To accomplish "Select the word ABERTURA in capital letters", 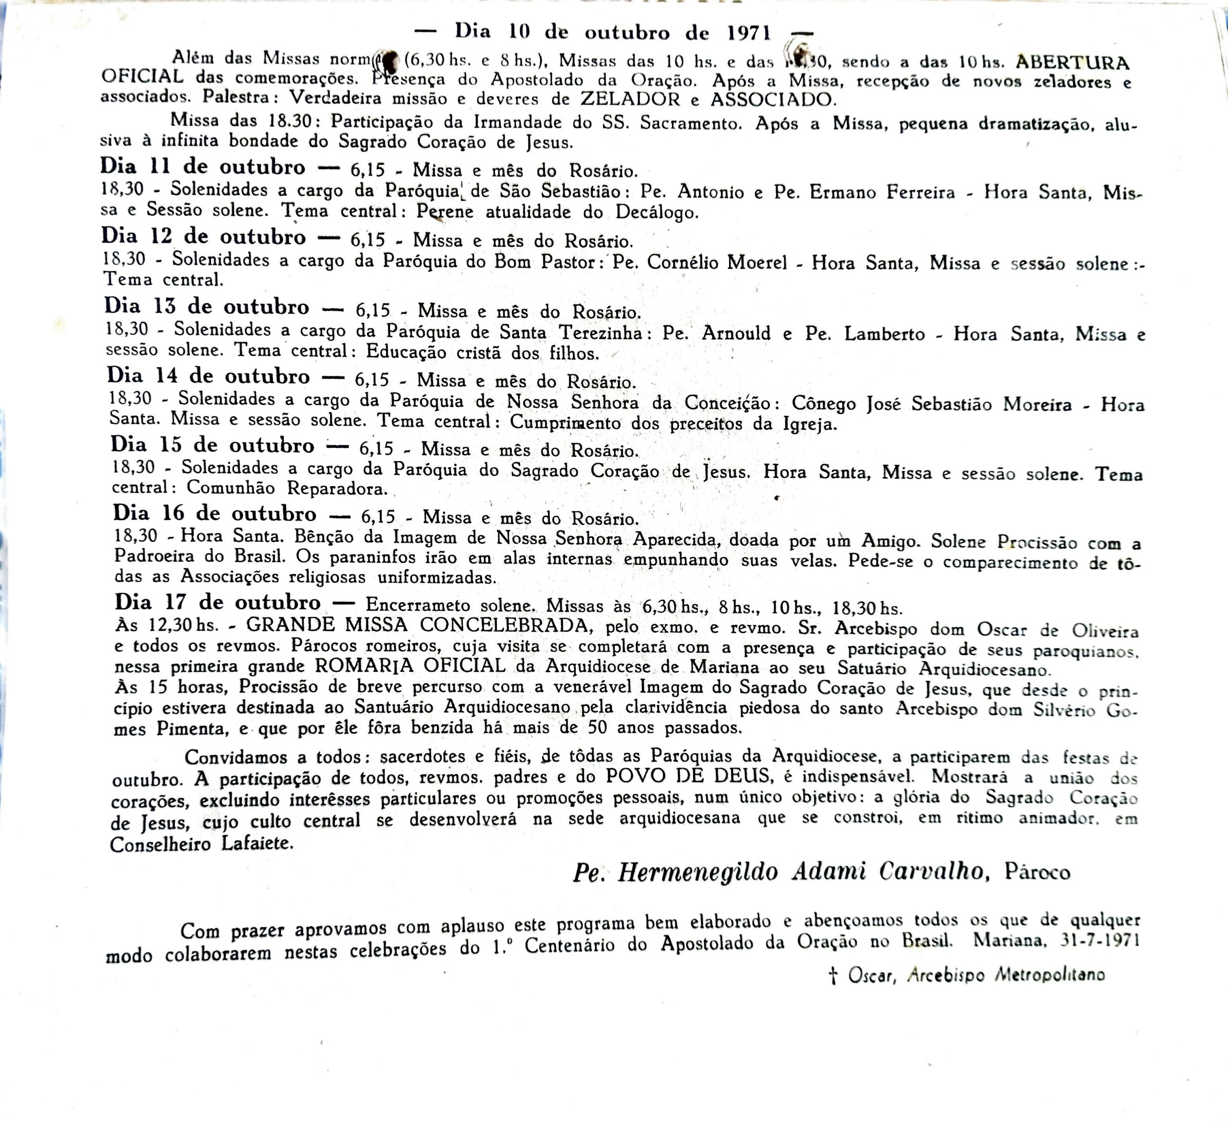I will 1073,63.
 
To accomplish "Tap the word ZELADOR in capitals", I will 630,99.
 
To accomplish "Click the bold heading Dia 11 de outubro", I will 203,167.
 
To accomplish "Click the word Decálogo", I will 657,212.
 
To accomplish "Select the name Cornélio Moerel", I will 717,262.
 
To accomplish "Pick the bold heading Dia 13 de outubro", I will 206,306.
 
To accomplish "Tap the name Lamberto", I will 884,334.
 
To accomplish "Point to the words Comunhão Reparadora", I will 287,488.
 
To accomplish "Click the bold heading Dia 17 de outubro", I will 217,602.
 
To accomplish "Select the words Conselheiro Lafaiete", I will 201,844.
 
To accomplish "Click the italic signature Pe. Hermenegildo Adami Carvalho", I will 778,872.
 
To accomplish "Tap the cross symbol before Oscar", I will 833,976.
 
